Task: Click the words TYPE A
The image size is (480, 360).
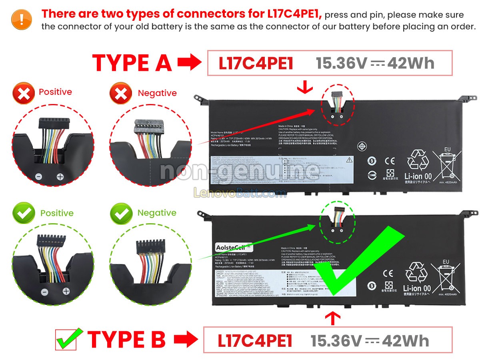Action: tap(132, 63)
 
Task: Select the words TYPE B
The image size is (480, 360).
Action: tap(126, 340)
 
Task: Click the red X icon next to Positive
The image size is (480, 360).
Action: tap(24, 93)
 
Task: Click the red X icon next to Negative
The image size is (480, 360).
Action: tap(120, 94)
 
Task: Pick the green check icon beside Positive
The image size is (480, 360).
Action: tap(24, 213)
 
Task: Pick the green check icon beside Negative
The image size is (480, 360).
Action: tap(120, 213)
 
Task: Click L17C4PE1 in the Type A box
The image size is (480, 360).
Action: tap(256, 63)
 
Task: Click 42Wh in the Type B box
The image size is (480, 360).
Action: tap(405, 341)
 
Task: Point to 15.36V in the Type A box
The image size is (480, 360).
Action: tap(341, 63)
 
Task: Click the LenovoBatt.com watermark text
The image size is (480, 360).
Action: tap(240, 193)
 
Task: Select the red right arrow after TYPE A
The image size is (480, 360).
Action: tap(189, 63)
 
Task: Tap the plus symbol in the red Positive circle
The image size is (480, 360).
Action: tap(60, 176)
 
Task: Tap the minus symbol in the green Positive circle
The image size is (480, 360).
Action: tap(45, 292)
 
